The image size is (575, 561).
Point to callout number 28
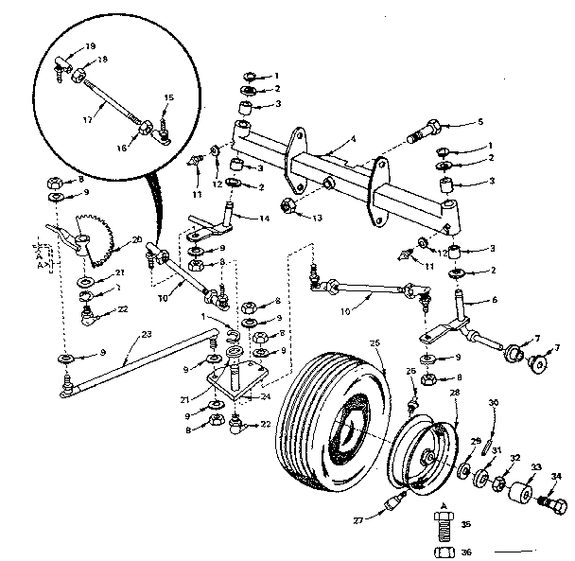tap(454, 392)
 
